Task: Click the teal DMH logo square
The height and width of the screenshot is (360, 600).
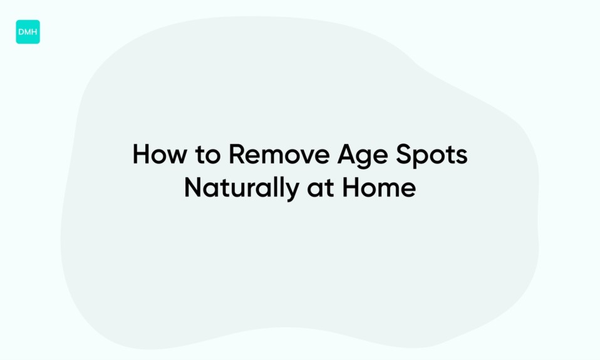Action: tap(28, 32)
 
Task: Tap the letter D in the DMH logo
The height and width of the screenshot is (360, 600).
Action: tap(21, 32)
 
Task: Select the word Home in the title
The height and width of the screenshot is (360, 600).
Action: tap(379, 188)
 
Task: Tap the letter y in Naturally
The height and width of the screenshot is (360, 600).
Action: tap(291, 192)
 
